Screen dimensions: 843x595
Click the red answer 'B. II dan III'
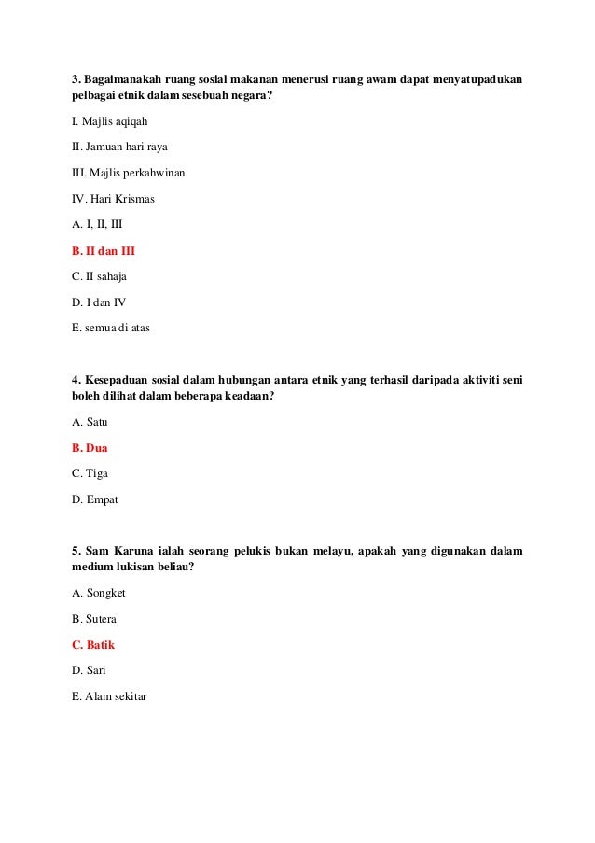tap(104, 250)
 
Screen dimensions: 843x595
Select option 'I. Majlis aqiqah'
tap(109, 121)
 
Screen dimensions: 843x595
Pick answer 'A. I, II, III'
tap(97, 224)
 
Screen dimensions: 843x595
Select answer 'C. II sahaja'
tap(99, 276)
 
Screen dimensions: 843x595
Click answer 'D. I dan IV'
tap(98, 302)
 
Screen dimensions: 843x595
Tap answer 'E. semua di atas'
tap(110, 328)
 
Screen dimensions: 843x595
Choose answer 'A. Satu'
tap(90, 421)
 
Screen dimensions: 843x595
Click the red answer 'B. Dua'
tap(90, 447)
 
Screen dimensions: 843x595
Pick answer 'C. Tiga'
tap(90, 473)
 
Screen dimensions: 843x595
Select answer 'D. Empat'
tap(95, 499)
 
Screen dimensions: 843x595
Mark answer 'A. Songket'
tap(98, 593)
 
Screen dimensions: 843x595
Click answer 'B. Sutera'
tap(94, 619)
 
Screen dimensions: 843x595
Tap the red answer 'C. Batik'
tap(93, 644)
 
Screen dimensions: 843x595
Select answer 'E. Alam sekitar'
tap(109, 696)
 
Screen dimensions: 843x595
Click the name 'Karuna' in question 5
tap(145, 551)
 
